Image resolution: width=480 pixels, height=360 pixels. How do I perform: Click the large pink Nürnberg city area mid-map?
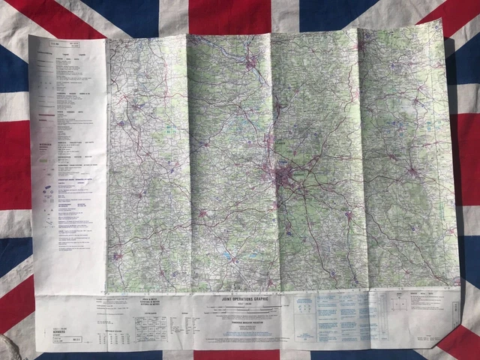tap(286, 178)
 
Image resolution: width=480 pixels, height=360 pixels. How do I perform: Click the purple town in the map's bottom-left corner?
tap(118, 256)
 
